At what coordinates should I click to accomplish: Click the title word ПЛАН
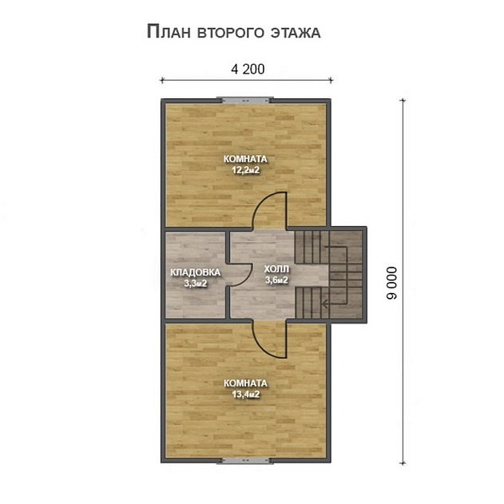click(169, 33)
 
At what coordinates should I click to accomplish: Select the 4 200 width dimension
click(247, 69)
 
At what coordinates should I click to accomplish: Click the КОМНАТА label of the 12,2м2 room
click(245, 159)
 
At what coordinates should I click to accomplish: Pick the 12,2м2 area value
click(245, 170)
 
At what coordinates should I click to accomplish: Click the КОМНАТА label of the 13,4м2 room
click(245, 383)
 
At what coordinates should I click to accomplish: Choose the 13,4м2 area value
click(245, 394)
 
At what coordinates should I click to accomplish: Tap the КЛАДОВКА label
click(195, 272)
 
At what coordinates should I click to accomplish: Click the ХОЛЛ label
click(276, 269)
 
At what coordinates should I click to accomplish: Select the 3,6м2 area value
click(276, 280)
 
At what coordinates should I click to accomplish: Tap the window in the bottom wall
click(247, 461)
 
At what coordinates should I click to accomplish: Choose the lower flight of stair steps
click(308, 304)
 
